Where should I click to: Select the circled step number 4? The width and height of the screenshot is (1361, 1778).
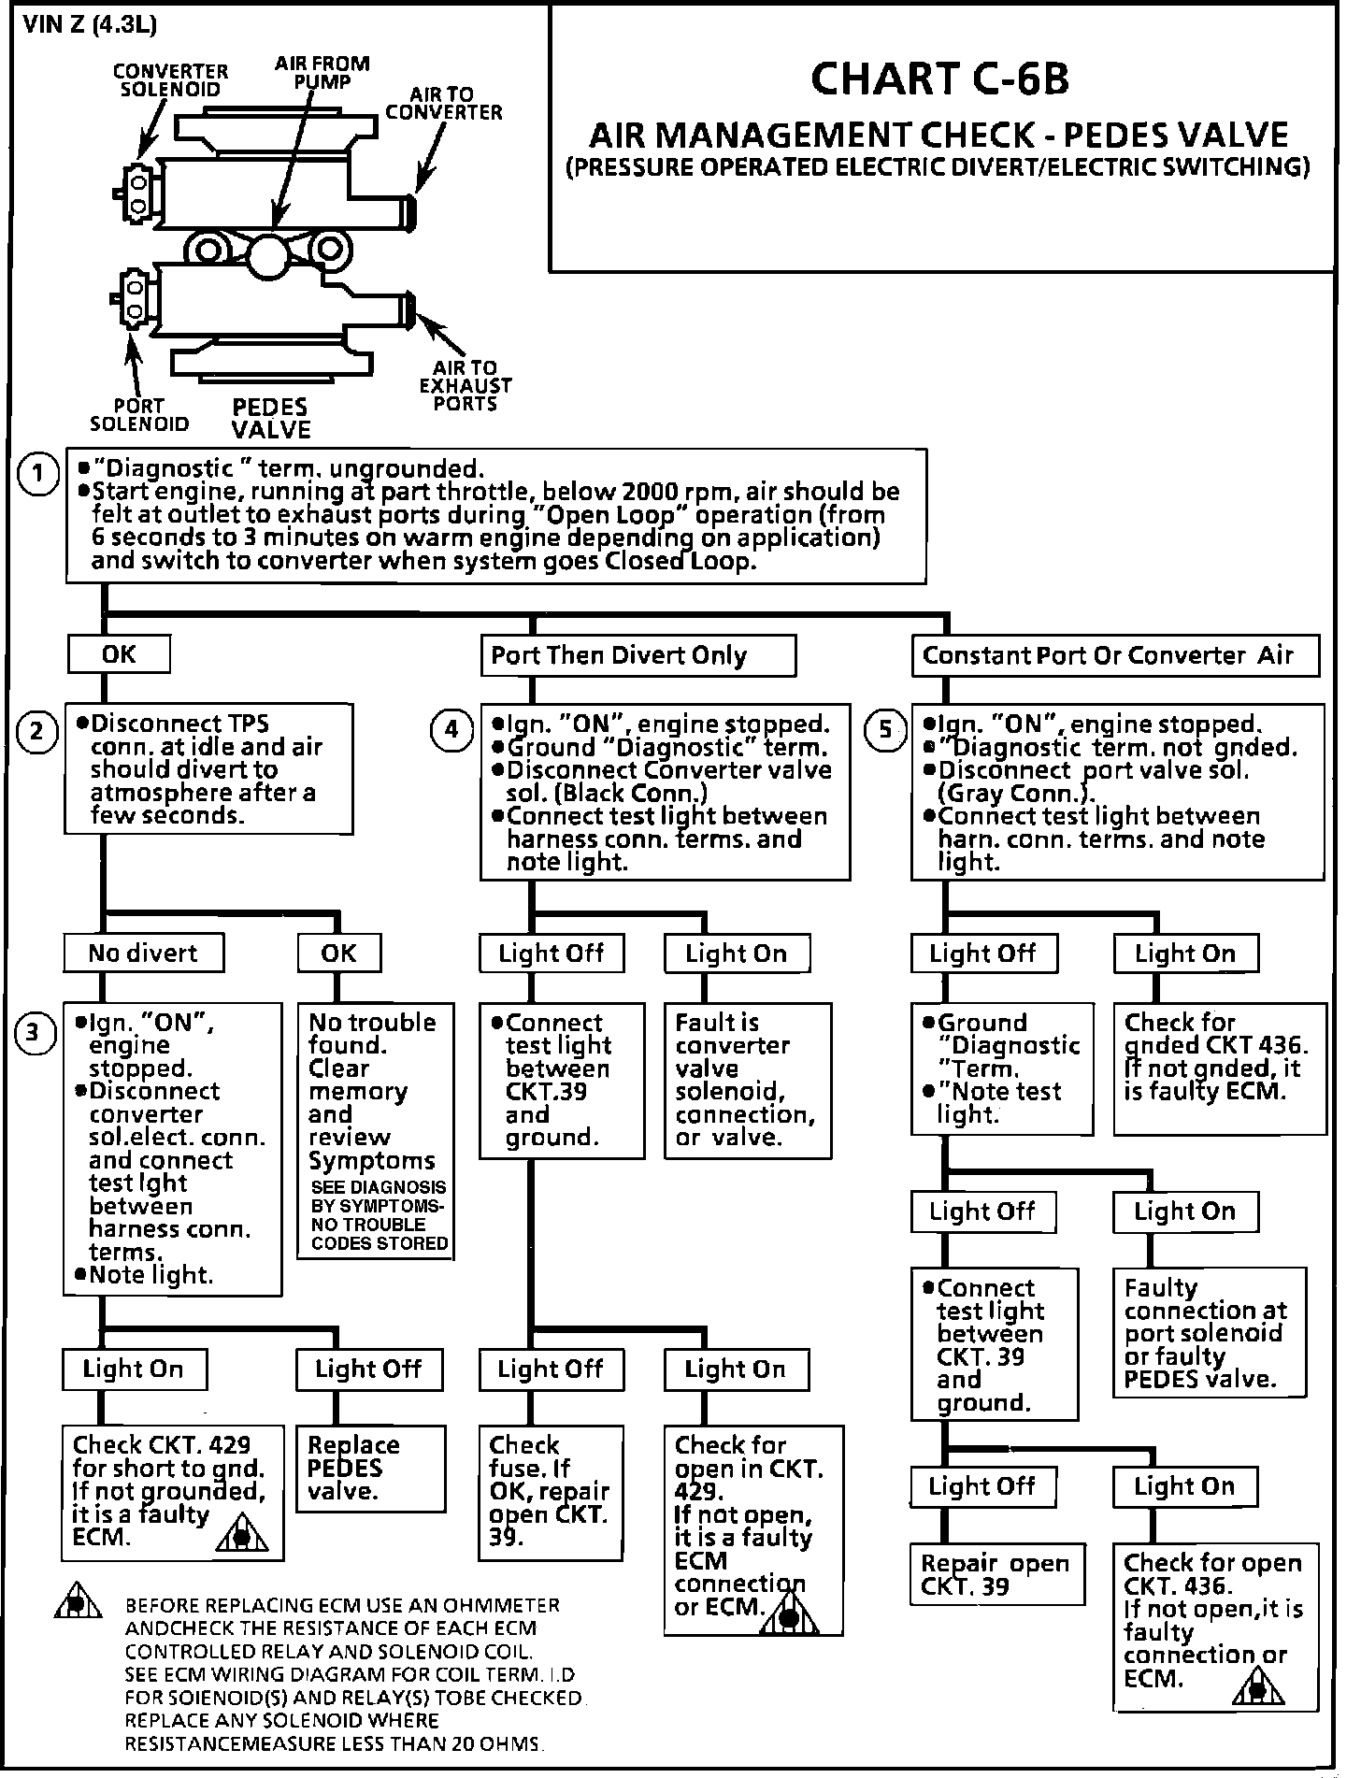point(451,729)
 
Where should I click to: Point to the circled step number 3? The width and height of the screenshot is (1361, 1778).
point(33,1032)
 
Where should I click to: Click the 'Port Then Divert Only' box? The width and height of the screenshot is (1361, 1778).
point(638,655)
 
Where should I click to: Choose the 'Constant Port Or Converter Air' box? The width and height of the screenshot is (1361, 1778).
point(1114,655)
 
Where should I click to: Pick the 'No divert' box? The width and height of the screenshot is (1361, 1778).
point(143,954)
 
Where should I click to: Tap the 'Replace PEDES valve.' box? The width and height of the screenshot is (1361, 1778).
point(370,1468)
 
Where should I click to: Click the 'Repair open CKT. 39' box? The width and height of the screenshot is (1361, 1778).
point(996,1574)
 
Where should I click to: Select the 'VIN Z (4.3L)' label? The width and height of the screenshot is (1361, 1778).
point(77,24)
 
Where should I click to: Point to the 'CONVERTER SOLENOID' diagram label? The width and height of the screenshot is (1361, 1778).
point(170,80)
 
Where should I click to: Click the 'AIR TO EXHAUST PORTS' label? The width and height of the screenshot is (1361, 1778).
point(466,386)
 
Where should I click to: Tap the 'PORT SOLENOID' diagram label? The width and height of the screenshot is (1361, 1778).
point(139,415)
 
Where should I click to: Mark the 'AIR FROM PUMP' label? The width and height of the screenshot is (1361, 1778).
point(322,72)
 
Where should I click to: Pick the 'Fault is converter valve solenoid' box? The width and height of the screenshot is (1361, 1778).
point(747,1080)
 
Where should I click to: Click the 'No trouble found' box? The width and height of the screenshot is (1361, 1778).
point(375,1131)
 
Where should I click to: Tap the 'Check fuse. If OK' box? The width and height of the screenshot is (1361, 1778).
point(551,1492)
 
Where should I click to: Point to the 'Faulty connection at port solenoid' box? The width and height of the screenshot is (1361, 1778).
point(1209,1332)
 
